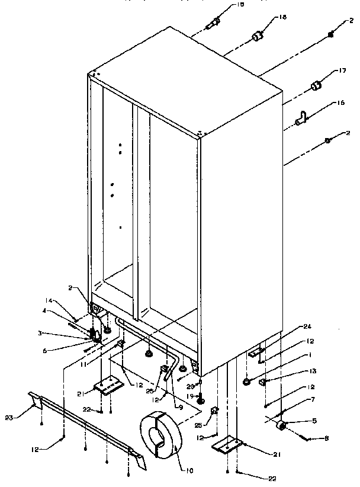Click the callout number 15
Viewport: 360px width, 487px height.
240,5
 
